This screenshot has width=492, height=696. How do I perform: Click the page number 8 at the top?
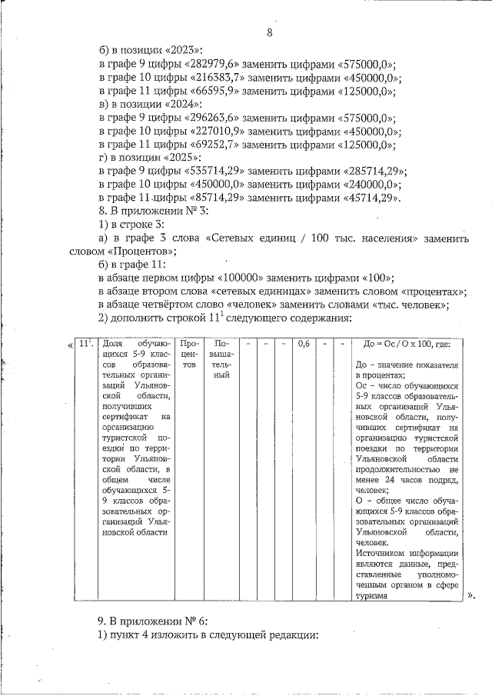click(x=270, y=32)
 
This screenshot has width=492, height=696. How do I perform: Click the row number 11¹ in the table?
click(x=86, y=345)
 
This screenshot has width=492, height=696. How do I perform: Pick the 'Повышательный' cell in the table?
click(x=222, y=360)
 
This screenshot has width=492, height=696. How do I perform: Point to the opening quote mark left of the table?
click(x=71, y=344)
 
